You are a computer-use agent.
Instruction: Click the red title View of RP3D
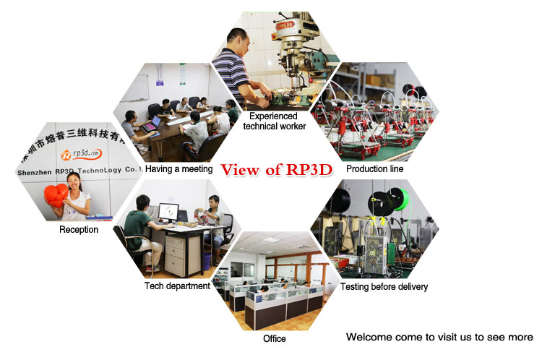277,170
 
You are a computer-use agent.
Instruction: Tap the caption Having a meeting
178,168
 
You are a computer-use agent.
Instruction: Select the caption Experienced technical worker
274,121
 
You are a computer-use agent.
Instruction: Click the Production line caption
374,168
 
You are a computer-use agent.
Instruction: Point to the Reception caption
79,230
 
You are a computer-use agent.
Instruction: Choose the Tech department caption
177,286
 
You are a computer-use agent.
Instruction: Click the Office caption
275,338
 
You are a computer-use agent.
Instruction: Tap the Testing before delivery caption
384,287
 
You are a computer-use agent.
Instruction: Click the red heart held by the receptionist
56,196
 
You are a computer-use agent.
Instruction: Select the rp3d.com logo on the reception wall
82,154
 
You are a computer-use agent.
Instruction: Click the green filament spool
401,200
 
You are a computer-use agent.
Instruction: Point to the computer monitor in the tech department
168,213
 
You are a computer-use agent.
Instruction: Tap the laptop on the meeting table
152,124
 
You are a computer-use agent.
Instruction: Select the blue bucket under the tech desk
207,261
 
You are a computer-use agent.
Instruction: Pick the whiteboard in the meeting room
136,88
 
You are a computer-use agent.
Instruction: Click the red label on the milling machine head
285,25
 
